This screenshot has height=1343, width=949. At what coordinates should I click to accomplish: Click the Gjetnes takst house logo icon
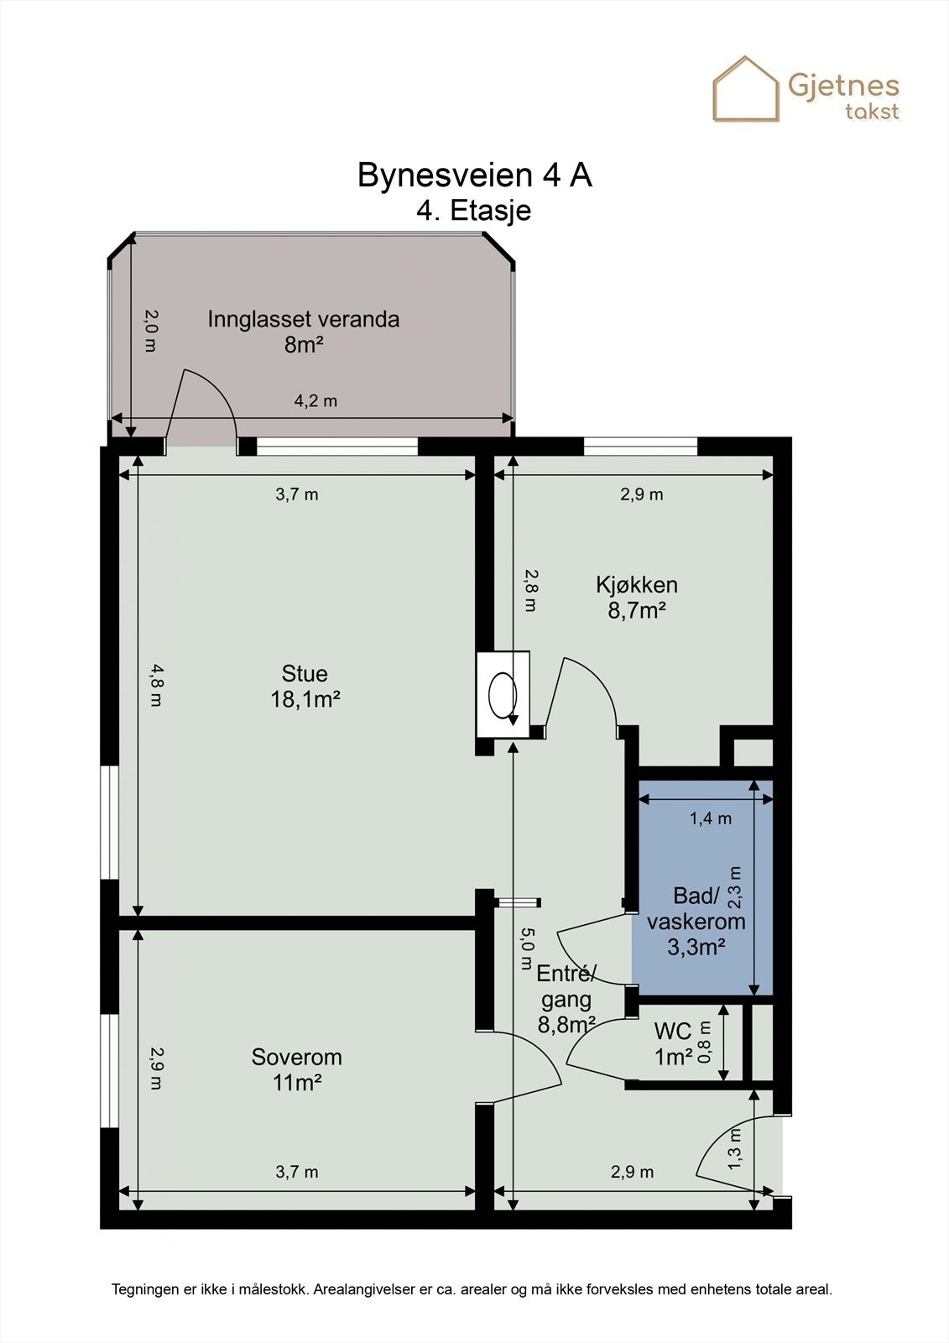pos(746,89)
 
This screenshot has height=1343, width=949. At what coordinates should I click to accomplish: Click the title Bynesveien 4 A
pos(474,175)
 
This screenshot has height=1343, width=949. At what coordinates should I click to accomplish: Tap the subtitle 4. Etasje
pos(473,211)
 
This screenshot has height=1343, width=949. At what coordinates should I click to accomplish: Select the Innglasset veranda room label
pos(304,332)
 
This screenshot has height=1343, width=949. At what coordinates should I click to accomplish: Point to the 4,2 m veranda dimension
pos(315,400)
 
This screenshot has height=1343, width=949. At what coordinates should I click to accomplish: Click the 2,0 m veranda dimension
pos(151,331)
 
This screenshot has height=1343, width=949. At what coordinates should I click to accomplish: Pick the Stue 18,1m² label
pos(305,686)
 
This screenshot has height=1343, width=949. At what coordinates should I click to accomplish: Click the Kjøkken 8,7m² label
pos(637,597)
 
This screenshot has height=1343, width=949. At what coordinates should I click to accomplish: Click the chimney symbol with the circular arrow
pos(503,694)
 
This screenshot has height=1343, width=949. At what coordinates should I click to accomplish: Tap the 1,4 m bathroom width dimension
pos(711,818)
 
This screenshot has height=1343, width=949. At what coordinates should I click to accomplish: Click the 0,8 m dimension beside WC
pos(706,1042)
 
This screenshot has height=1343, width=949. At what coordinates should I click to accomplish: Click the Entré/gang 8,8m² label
pos(566,1000)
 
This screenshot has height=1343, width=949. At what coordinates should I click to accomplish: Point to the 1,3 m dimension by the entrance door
pos(735,1147)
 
